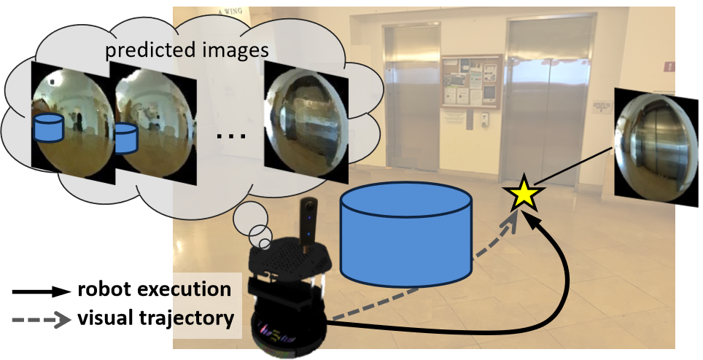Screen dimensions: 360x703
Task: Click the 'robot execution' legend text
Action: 154,289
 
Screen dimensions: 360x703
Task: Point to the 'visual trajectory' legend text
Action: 155,318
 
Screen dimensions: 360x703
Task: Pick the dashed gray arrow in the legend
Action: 41,318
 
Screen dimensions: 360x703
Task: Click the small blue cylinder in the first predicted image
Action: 48,128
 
